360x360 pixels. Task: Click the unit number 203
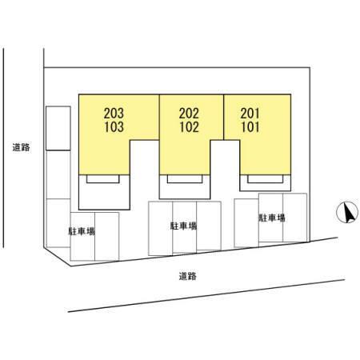click(114, 114)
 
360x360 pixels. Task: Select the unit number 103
click(114, 127)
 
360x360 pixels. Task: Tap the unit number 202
click(189, 114)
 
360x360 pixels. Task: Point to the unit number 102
click(190, 127)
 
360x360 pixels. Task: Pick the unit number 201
click(250, 114)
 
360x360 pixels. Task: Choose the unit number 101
click(250, 127)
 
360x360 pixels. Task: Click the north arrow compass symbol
click(347, 212)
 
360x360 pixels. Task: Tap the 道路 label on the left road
click(22, 147)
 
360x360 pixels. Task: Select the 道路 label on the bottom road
click(188, 276)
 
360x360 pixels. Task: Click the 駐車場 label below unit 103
click(82, 231)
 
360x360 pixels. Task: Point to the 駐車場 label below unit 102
click(184, 226)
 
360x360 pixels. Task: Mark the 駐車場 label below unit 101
click(272, 218)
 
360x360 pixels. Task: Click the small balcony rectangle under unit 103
click(103, 179)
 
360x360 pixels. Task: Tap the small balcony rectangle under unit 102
click(185, 179)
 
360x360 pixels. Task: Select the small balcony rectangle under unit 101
click(265, 179)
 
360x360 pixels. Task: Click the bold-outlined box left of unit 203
click(58, 128)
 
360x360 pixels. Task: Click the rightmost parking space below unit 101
click(294, 218)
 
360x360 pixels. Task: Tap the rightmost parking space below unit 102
click(209, 226)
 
